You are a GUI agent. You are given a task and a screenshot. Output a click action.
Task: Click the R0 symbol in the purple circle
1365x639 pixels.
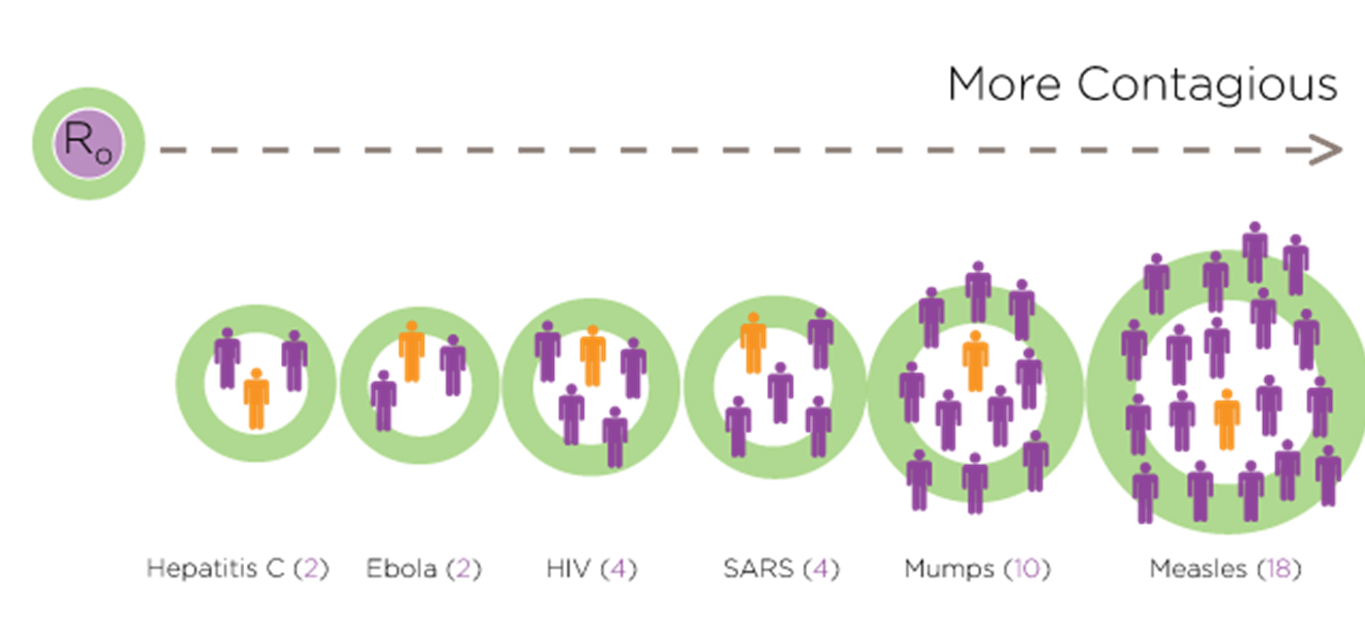click(88, 143)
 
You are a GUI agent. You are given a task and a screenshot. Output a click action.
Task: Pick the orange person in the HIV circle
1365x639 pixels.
click(593, 356)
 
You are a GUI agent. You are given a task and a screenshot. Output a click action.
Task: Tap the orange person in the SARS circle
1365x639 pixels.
click(753, 343)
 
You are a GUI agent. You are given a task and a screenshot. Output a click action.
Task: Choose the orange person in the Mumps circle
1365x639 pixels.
click(976, 361)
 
